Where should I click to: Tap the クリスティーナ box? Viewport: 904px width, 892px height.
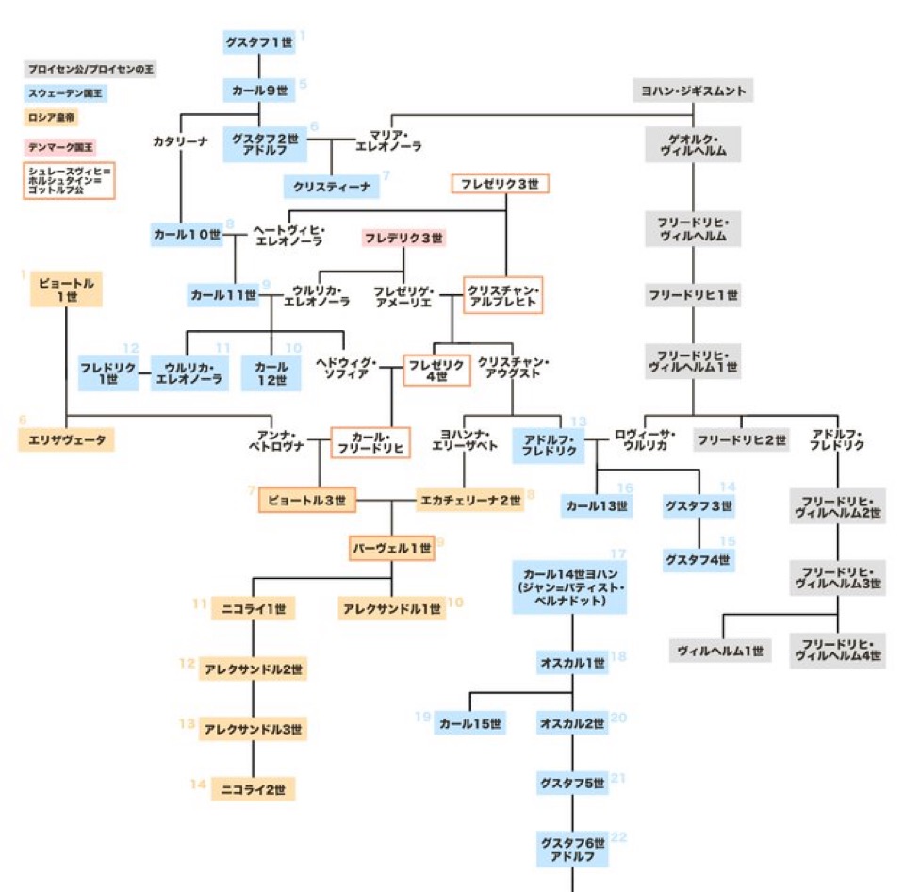tap(331, 186)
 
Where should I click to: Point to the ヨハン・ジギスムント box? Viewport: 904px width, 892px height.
tap(693, 91)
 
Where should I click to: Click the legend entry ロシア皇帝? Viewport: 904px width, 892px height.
tap(52, 119)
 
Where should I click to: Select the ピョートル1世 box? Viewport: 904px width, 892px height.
tap(66, 289)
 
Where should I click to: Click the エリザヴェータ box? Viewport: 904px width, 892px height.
tap(66, 438)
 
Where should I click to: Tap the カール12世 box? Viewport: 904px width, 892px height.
tap(271, 372)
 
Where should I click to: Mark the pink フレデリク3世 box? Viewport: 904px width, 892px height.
tap(403, 238)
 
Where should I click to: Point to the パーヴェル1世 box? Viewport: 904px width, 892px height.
tap(391, 548)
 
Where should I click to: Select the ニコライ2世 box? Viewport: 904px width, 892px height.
tap(254, 788)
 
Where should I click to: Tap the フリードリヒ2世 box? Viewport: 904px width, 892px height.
tap(741, 439)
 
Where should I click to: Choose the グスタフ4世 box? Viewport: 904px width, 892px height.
tap(699, 560)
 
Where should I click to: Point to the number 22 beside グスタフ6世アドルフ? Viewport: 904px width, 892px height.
tap(619, 836)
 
